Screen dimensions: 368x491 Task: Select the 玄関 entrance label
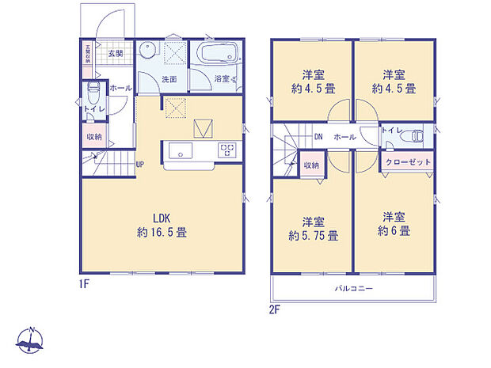[115, 54]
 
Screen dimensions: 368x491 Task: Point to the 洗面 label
[169, 80]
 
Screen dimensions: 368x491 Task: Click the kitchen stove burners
[227, 150]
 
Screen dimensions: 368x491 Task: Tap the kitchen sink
[176, 150]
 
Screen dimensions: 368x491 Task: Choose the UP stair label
[139, 165]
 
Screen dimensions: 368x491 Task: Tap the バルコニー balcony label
[353, 288]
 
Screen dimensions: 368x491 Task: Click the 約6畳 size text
[394, 231]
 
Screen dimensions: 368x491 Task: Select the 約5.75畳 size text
[314, 235]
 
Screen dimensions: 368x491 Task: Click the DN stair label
[318, 137]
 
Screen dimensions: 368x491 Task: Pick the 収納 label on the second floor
[311, 165]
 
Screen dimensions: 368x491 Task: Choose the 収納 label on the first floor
[94, 136]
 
